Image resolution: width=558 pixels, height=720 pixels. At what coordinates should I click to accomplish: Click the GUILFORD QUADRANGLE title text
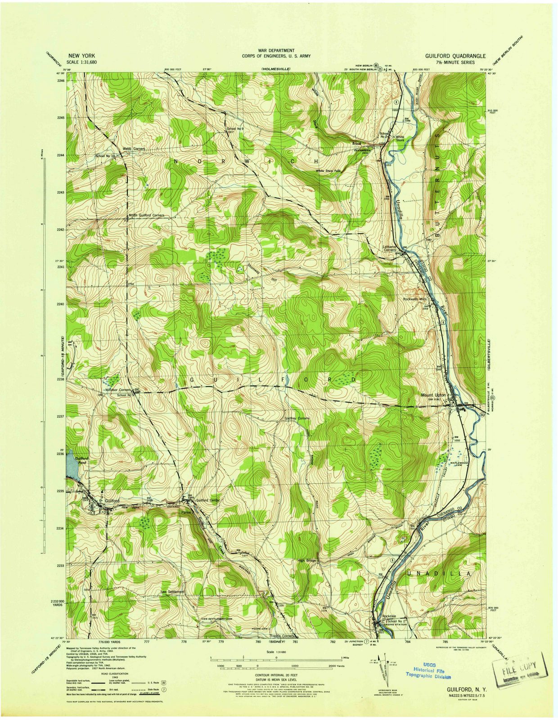tap(455, 56)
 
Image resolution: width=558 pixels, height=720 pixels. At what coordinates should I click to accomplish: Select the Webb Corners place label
tap(133, 149)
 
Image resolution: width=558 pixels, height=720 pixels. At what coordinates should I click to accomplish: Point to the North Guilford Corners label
tap(146, 216)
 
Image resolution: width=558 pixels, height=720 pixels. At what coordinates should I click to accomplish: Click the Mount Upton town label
tap(433, 395)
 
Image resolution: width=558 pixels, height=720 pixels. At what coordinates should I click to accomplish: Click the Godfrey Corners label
tap(297, 418)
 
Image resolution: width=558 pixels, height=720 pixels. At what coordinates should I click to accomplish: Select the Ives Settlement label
tap(172, 591)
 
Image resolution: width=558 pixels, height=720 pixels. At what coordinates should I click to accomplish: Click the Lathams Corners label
tap(388, 248)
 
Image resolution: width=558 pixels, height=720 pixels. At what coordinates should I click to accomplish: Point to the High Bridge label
tap(308, 561)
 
